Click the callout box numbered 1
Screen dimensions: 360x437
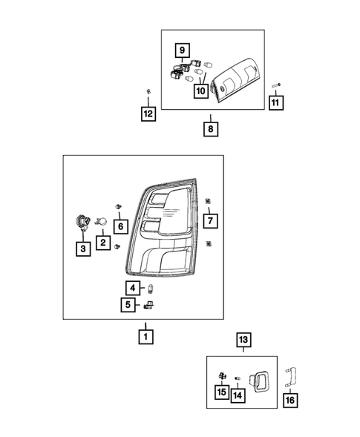pyautogui.click(x=145, y=337)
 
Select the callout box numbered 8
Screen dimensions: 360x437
pyautogui.click(x=211, y=129)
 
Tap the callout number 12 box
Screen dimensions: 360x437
pyautogui.click(x=148, y=114)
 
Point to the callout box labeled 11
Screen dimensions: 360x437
pyautogui.click(x=276, y=103)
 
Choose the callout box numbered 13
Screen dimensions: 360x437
pyautogui.click(x=243, y=340)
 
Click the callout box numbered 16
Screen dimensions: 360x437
pyautogui.click(x=290, y=401)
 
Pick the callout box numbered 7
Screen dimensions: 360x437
pyautogui.click(x=211, y=221)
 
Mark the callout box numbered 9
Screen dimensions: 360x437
pyautogui.click(x=183, y=50)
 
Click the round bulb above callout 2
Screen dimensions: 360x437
pyautogui.click(x=101, y=222)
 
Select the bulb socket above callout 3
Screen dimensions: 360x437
pyautogui.click(x=82, y=223)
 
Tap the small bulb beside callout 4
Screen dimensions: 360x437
pyautogui.click(x=151, y=288)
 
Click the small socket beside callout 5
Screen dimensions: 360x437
pyautogui.click(x=149, y=305)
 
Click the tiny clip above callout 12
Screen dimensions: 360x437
pyautogui.click(x=148, y=91)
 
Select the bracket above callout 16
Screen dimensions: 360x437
pyautogui.click(x=290, y=377)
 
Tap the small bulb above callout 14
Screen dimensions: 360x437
pyautogui.click(x=238, y=378)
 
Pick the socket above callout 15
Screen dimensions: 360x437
pyautogui.click(x=222, y=375)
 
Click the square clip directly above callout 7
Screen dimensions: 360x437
pyautogui.click(x=208, y=200)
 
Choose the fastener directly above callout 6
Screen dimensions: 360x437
pyautogui.click(x=118, y=206)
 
